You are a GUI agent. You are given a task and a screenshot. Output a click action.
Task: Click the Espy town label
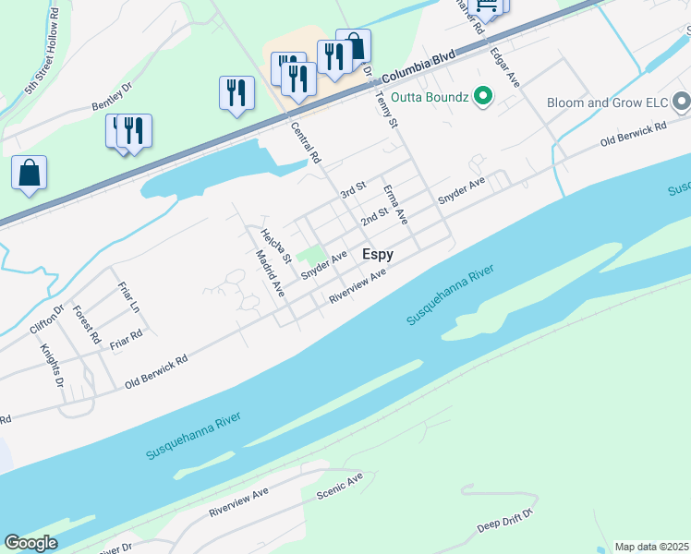tap(377, 254)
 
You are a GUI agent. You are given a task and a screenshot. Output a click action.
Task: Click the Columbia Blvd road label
tap(418, 66)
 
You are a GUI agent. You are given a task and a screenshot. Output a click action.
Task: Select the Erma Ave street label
tap(395, 204)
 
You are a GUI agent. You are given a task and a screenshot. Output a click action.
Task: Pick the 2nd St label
tap(374, 217)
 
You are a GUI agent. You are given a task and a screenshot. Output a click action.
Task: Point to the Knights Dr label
tap(51, 367)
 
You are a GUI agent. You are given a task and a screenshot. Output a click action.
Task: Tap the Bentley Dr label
tap(113, 102)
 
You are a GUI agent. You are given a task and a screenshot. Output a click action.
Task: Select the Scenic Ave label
tap(340, 487)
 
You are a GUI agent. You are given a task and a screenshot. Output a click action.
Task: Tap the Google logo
tap(30, 543)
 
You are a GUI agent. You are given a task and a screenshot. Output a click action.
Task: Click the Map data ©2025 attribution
tap(651, 547)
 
